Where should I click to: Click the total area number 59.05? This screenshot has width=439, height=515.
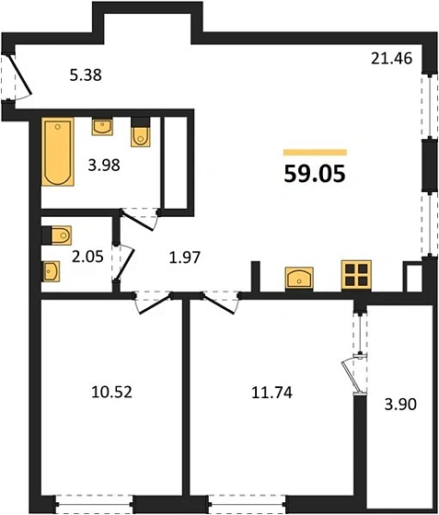coord(314,175)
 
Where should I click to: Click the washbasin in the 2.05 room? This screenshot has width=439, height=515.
coord(52,270)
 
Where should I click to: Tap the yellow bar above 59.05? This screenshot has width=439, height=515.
coord(315,152)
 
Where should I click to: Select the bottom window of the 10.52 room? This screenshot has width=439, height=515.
coord(94,502)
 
